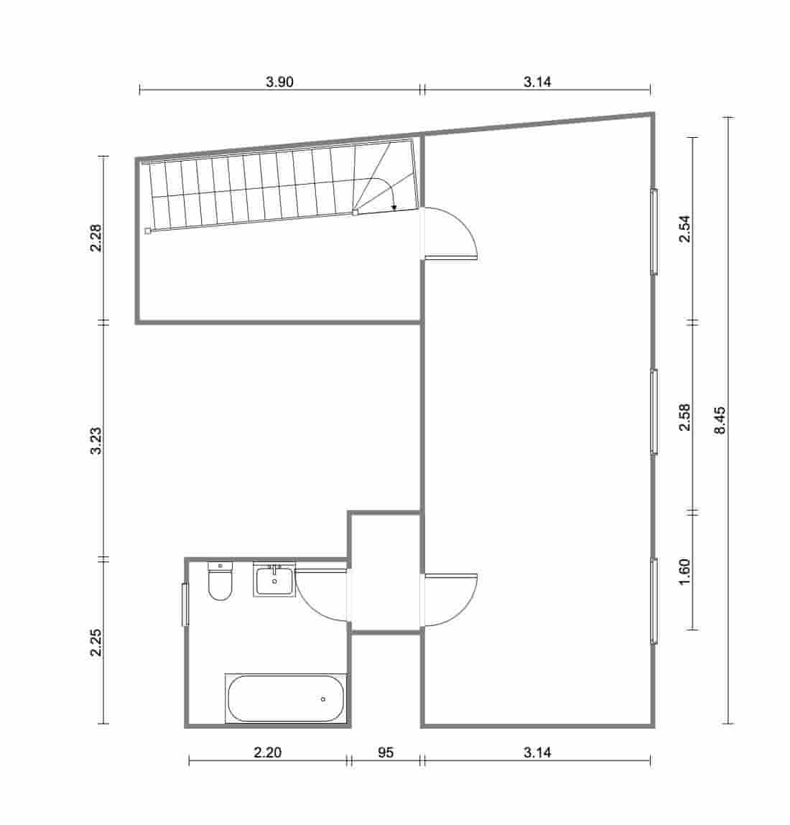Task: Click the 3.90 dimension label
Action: click(279, 82)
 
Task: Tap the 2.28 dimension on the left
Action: click(96, 238)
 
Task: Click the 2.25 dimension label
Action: click(96, 642)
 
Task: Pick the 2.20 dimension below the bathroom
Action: click(268, 752)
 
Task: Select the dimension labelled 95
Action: click(386, 752)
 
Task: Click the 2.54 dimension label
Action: click(684, 229)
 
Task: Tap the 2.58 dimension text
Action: click(684, 417)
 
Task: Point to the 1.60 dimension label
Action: click(684, 572)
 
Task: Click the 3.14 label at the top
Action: click(536, 82)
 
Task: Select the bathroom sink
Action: click(274, 581)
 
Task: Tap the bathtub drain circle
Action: click(323, 699)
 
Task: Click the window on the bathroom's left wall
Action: click(185, 605)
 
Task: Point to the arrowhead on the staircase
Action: click(394, 208)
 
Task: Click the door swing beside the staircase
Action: click(452, 231)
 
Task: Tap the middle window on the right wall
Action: click(654, 411)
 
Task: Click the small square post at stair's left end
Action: click(147, 231)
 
